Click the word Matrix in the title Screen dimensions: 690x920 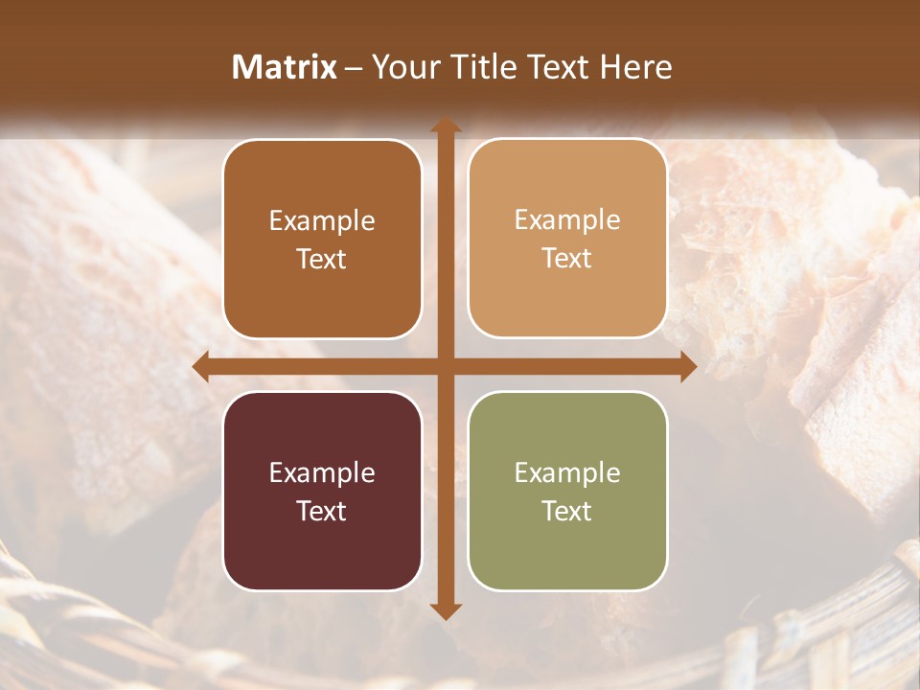[285, 67]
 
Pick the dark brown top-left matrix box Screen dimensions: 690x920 [322, 240]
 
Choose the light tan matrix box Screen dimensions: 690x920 [567, 239]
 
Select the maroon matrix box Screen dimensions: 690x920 [322, 491]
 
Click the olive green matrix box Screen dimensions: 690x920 [567, 491]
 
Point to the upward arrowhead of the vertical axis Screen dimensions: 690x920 [445, 125]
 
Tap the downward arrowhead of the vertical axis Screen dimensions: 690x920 [445, 611]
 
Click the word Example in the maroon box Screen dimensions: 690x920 [322, 472]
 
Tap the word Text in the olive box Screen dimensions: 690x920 [567, 511]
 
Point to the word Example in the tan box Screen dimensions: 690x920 [567, 219]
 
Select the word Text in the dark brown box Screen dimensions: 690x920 [322, 260]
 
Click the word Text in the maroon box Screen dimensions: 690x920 [322, 511]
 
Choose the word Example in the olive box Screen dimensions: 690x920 [567, 472]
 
